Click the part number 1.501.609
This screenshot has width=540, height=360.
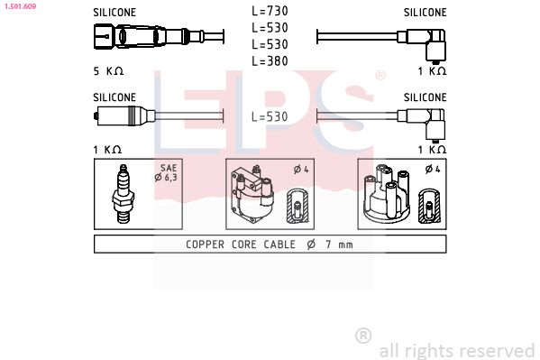pyautogui.click(x=19, y=5)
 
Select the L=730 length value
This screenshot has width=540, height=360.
pyautogui.click(x=270, y=12)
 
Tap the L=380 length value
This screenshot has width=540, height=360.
pyautogui.click(x=270, y=60)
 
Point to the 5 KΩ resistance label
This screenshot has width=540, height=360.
pyautogui.click(x=108, y=70)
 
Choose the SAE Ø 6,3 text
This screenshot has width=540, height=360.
pyautogui.click(x=169, y=172)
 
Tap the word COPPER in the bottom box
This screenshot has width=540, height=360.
pyautogui.click(x=206, y=244)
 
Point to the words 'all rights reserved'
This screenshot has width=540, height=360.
pyautogui.click(x=457, y=350)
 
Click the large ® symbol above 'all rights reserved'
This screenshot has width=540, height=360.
pyautogui.click(x=363, y=335)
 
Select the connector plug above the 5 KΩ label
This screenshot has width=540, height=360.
pyautogui.click(x=126, y=38)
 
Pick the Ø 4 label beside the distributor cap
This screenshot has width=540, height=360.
pyautogui.click(x=433, y=169)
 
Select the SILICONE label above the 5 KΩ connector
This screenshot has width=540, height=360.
pyautogui.click(x=114, y=13)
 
